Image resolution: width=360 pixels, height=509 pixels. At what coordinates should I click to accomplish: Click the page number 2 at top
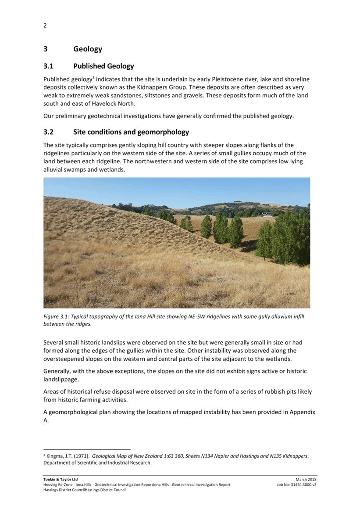(x=45, y=25)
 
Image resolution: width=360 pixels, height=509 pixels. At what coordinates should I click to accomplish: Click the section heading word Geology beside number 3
(x=88, y=49)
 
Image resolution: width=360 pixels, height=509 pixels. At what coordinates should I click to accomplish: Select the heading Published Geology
(x=103, y=66)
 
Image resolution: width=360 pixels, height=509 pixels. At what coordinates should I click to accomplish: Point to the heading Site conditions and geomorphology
(x=131, y=132)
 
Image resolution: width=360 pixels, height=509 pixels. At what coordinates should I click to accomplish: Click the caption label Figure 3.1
(x=56, y=316)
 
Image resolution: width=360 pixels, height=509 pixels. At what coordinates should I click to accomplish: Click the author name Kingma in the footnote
(x=55, y=456)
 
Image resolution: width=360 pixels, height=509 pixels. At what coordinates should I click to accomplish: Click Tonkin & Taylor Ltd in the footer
(x=61, y=479)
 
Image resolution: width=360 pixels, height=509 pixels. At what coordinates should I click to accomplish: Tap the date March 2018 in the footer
(x=306, y=479)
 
